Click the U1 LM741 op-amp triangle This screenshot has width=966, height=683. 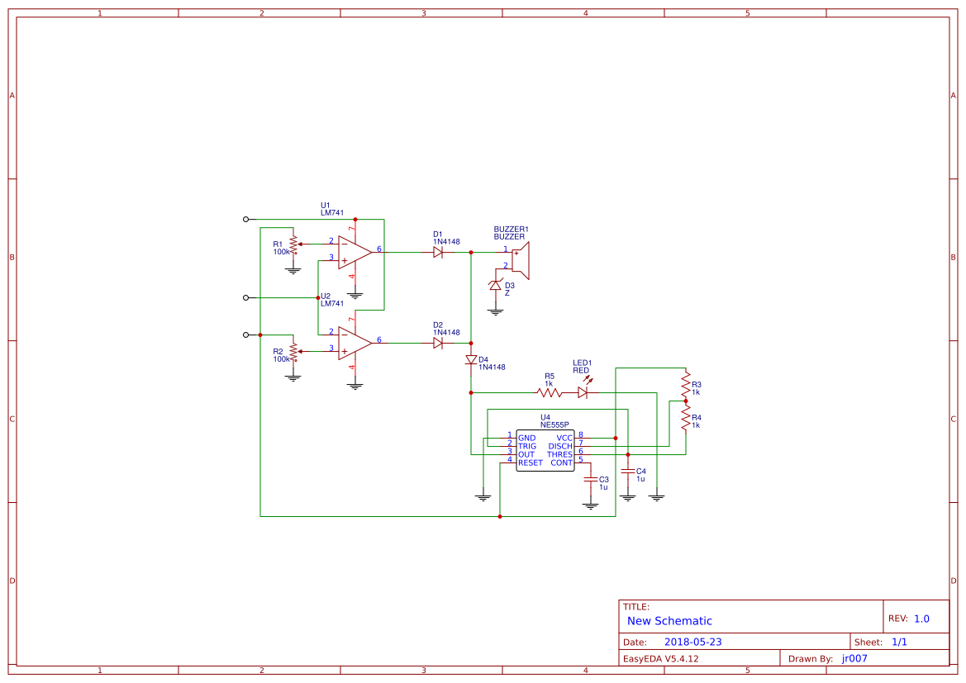[x=354, y=251]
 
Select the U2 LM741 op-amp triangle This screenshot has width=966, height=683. [x=354, y=342]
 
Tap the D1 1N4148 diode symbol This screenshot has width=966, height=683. [x=438, y=252]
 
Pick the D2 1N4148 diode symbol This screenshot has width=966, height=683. [x=438, y=343]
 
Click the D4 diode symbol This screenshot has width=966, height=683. [x=471, y=360]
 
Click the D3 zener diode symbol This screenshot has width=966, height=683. [x=496, y=286]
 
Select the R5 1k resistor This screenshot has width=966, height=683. [x=549, y=392]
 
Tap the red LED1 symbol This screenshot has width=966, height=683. [x=583, y=392]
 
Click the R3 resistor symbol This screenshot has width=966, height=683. [x=685, y=384]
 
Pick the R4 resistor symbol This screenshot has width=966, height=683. [x=685, y=419]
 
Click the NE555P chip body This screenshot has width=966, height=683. [x=545, y=450]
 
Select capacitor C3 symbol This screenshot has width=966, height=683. [x=590, y=480]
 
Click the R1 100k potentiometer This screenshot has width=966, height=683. [x=293, y=244]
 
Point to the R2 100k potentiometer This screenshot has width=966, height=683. [x=293, y=352]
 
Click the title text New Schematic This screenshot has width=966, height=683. [x=669, y=621]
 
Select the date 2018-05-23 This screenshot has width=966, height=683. [x=692, y=642]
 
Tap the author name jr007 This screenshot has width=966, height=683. [x=854, y=658]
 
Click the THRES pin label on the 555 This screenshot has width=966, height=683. [x=559, y=454]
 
